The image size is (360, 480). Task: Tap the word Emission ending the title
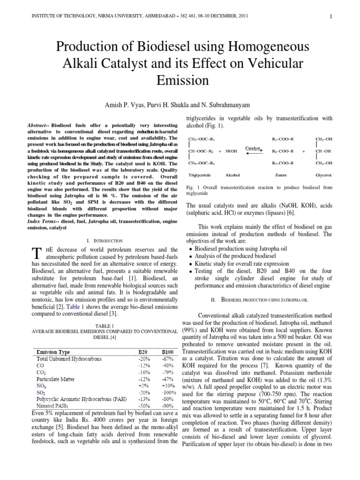point(180,80)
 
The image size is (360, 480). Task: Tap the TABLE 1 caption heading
point(93,325)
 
